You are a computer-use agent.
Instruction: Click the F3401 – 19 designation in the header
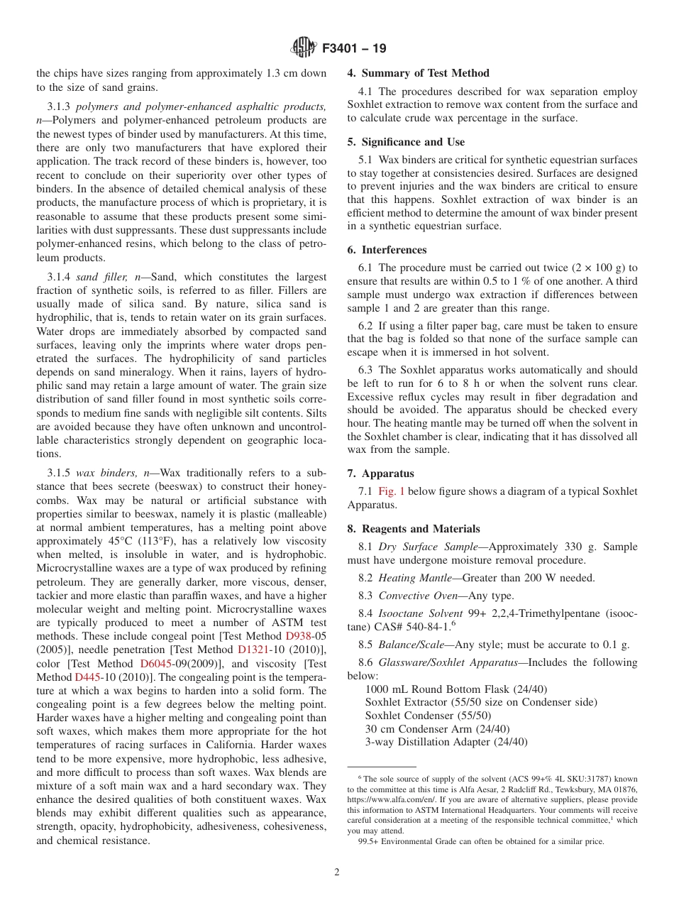[x=354, y=49]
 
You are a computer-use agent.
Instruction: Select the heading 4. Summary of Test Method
[x=418, y=73]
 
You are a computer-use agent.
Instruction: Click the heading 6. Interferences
[x=387, y=250]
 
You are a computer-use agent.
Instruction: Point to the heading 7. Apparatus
[x=380, y=474]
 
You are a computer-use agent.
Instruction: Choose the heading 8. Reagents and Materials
[x=413, y=529]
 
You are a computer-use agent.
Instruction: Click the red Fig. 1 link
[x=391, y=491]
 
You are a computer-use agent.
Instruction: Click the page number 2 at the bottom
[x=337, y=872]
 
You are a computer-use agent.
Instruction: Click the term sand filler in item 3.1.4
[x=102, y=277]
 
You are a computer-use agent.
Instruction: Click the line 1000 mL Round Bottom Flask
[x=455, y=689]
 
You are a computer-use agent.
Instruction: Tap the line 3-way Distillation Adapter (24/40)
[x=446, y=742]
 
